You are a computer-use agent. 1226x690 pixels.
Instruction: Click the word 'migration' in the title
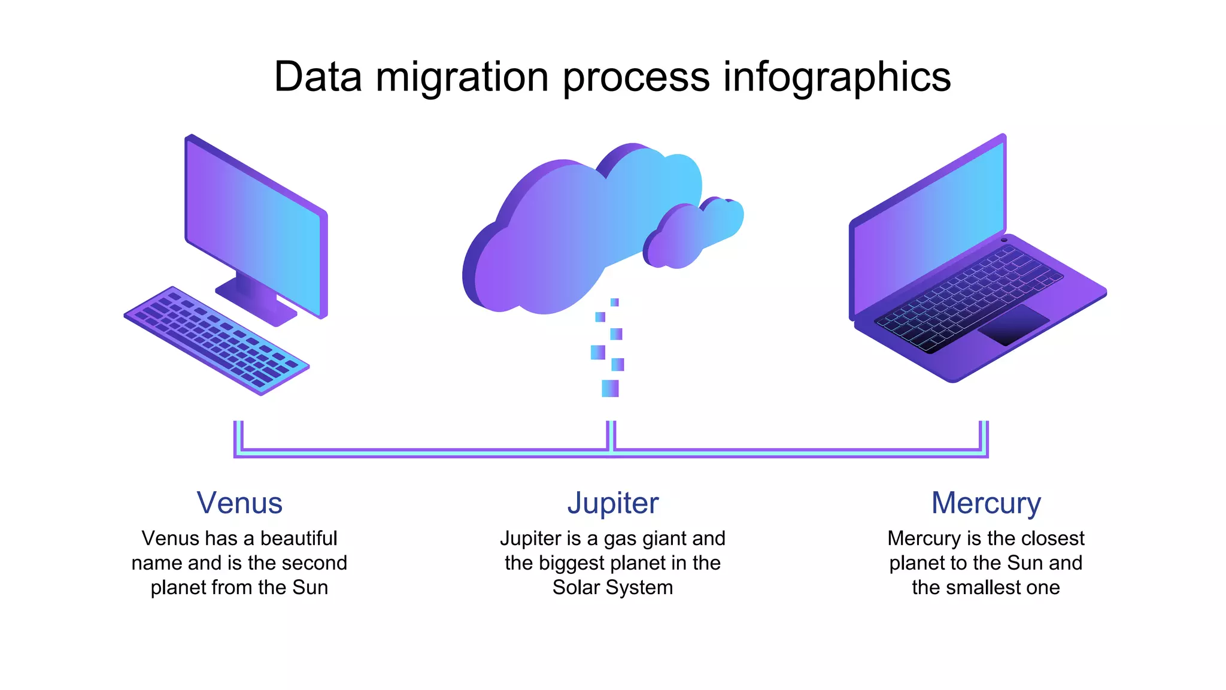tap(462, 77)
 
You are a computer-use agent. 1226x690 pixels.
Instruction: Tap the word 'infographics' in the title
tap(837, 77)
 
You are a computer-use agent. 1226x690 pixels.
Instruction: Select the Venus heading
tap(239, 503)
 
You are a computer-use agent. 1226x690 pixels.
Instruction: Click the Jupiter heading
tap(613, 503)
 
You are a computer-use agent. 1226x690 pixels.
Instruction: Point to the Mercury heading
tap(986, 503)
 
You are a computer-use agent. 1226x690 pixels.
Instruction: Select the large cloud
tap(569, 234)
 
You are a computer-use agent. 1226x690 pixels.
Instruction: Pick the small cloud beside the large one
tap(694, 234)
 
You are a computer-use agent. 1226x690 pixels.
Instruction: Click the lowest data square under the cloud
tap(610, 388)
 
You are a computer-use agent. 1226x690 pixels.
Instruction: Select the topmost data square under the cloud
tap(614, 302)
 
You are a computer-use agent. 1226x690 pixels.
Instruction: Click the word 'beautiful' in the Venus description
tap(299, 538)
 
